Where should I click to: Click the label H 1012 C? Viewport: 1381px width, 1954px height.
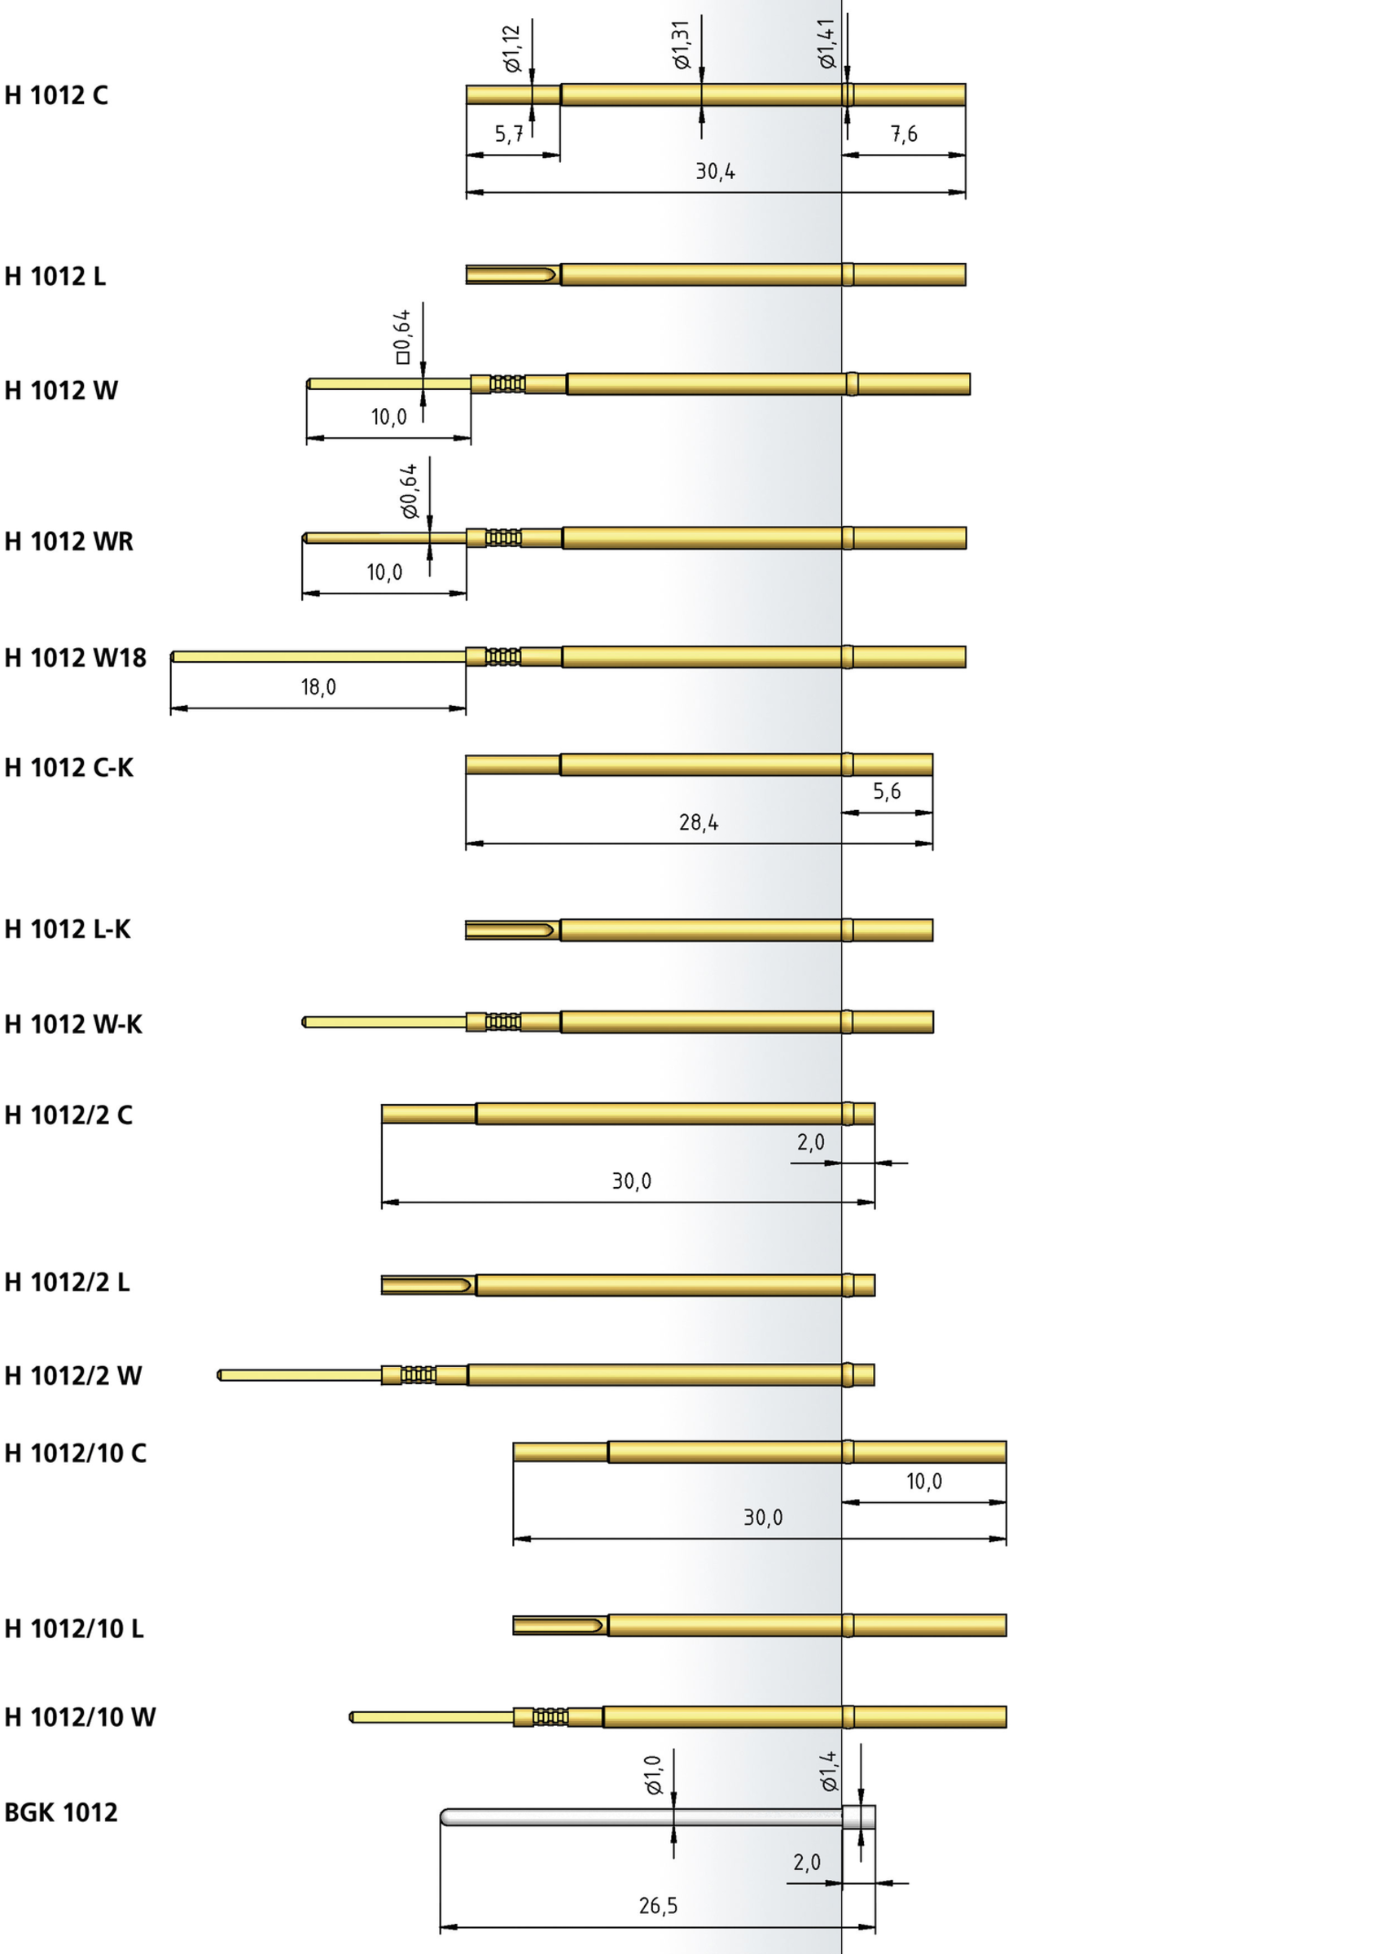pos(56,95)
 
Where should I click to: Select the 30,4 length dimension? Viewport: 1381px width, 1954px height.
pos(716,172)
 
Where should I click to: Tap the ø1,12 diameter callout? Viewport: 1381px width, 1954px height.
pos(511,49)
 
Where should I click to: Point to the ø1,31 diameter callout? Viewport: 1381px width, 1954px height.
pos(681,44)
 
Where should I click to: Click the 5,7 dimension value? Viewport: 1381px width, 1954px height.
pos(510,134)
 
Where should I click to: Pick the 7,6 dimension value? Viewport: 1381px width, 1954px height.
pos(904,134)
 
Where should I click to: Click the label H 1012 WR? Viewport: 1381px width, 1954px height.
pos(69,541)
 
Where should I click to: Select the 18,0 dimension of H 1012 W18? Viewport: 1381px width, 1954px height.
pos(318,687)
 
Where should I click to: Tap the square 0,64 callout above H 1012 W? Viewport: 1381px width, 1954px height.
pos(402,337)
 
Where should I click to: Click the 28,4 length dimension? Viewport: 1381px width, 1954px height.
pos(699,822)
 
